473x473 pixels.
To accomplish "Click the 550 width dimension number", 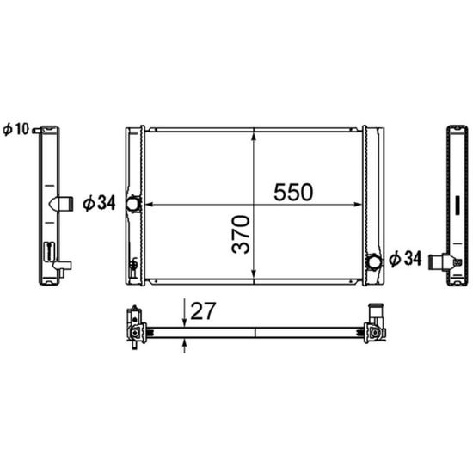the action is pos(293,192).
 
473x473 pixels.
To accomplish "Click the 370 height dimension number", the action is pos(241,234).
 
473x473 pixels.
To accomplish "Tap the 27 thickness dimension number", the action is pos(203,311).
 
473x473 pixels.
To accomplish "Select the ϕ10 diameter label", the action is pos(15,129).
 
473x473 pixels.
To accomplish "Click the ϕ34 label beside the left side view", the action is pos(99,203).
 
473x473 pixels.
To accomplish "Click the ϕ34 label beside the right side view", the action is pos(405,259).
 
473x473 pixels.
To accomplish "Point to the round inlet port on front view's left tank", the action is pos(132,204).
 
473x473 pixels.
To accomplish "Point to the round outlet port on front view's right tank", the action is pos(374,261).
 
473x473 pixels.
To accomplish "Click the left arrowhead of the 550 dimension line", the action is pos(150,205).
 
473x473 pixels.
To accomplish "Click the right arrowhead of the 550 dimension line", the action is pos(357,205).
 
